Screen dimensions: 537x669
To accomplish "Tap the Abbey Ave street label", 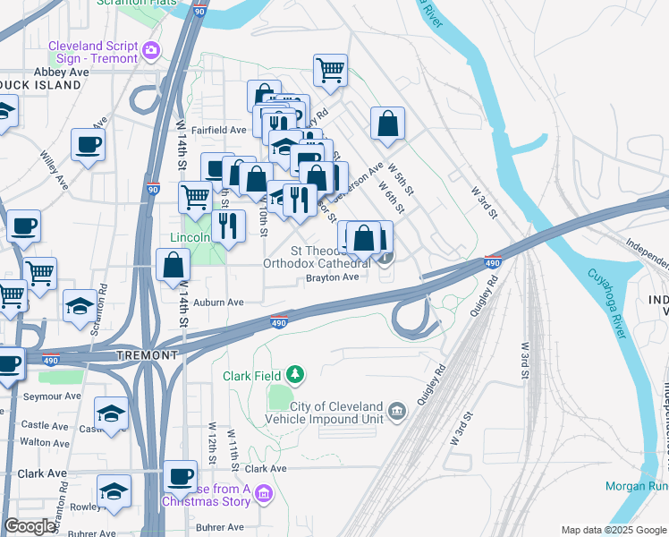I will click(61, 72).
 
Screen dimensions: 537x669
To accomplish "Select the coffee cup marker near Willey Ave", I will click(88, 144).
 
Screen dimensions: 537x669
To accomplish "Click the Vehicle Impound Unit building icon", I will click(397, 413).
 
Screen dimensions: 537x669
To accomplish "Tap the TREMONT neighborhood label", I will click(148, 355).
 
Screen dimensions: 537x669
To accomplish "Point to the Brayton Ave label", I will click(332, 277).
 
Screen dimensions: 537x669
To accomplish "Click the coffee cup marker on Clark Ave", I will click(180, 476).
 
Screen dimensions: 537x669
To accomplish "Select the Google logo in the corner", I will click(30, 526).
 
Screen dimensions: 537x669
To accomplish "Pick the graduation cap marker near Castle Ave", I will click(111, 413).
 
